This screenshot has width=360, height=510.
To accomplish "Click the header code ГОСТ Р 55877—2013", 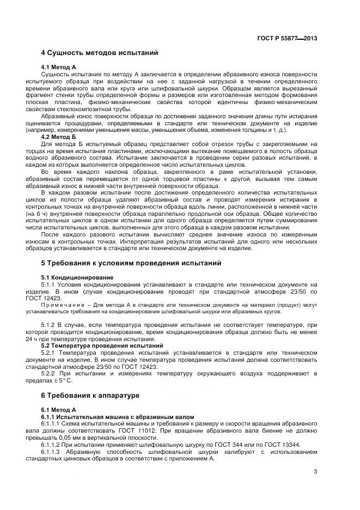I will tap(287, 38).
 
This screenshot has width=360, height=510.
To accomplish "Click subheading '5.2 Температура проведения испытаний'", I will tap(102, 345).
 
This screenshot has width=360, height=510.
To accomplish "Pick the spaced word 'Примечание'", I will tap(62, 304).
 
